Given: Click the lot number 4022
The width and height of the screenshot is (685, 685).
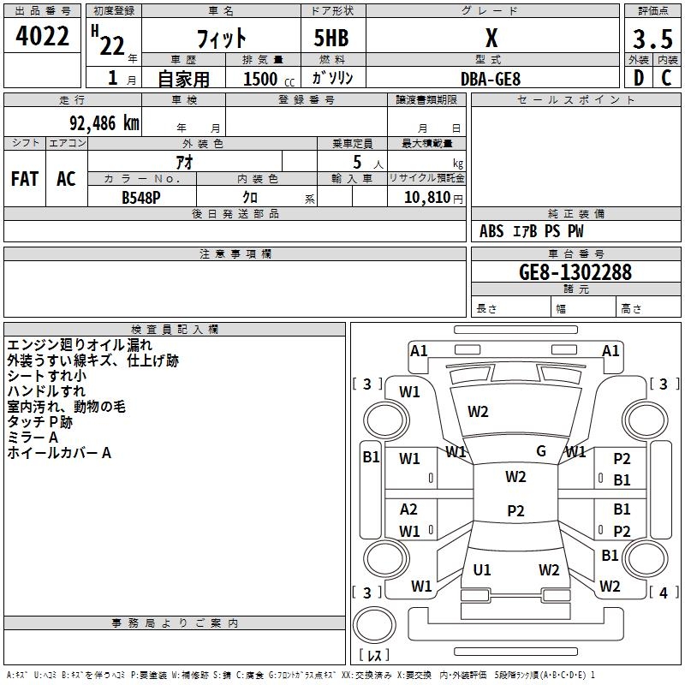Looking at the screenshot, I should tap(43, 38).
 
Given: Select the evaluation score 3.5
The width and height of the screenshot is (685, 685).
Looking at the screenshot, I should tap(652, 39).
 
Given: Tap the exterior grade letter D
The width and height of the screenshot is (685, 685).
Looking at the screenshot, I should tap(638, 78).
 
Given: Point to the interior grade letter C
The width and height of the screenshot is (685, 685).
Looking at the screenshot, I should tap(666, 78).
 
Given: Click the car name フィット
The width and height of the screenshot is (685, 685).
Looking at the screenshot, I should tap(222, 39).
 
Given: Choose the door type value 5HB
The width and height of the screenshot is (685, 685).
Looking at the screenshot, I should tap(331, 39).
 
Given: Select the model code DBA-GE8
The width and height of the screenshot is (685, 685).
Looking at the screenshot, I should tap(490, 78).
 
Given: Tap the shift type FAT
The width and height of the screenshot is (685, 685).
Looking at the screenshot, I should tap(25, 179).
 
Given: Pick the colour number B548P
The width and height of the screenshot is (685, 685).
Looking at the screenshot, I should tap(142, 196).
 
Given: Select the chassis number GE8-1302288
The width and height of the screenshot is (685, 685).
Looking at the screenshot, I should tap(575, 272).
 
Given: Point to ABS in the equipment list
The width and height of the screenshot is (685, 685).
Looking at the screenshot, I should tap(491, 231).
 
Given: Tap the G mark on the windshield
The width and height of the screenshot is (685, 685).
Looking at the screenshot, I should tap(540, 451).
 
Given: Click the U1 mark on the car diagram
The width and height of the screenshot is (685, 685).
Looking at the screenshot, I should tap(482, 569).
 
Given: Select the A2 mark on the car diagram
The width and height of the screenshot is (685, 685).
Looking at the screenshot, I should tap(409, 509).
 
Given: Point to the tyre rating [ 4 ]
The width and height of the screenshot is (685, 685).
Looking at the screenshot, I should tap(662, 592).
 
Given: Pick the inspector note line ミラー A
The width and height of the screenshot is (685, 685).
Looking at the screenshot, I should tap(33, 438).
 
